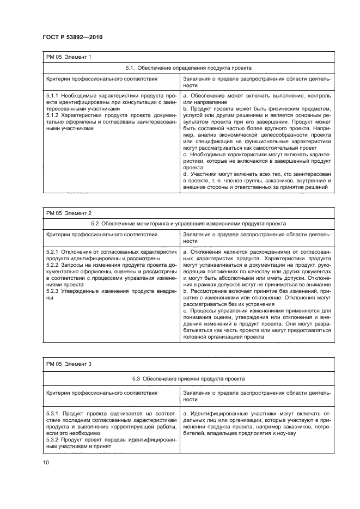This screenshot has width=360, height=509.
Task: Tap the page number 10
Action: tap(45, 462)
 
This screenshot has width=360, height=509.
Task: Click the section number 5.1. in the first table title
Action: tap(130, 68)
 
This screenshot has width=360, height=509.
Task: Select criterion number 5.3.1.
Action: tap(54, 414)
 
